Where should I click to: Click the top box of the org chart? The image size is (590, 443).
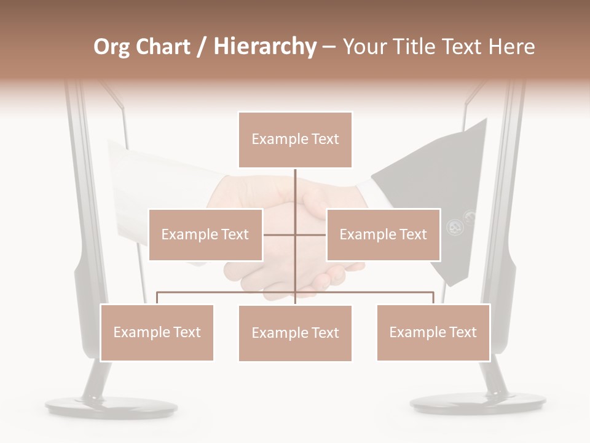coord(295,140)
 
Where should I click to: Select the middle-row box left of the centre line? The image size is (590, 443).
coord(205,234)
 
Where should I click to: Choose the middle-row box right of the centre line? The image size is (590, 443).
coord(383,234)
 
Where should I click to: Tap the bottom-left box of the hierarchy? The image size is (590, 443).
coord(157,332)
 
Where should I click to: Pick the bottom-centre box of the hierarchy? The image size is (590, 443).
coord(295,333)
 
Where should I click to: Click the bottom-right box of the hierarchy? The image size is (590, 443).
coord(433,332)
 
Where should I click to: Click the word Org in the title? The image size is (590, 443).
coord(111,47)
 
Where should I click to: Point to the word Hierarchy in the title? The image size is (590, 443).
coord(265,47)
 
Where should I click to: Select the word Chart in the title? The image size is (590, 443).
coord(163,47)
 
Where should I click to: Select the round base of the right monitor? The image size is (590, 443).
coord(478,402)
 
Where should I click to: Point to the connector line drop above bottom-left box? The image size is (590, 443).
coord(157,298)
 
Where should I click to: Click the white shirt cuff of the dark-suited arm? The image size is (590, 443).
coord(367,185)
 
